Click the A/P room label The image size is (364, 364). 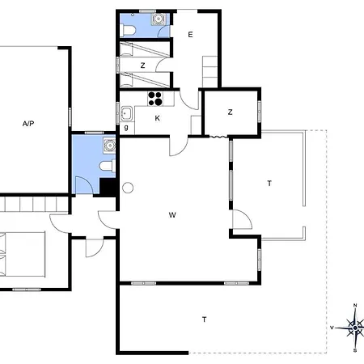pos(28,124)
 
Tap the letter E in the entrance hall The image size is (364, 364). pos(190,35)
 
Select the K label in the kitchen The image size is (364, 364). pos(158,118)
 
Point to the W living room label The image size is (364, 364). pos(172,215)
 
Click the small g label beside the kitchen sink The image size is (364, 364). pos(126,127)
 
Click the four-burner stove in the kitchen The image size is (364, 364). pos(155,99)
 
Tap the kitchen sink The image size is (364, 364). pos(126,114)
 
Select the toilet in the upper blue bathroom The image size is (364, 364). pos(128,30)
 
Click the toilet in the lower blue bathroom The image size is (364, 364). pos(108,166)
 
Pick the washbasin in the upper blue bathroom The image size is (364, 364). pos(158,19)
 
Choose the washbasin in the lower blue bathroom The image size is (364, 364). pos(109,146)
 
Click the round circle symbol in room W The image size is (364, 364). pos(128,188)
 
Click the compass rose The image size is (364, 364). pos(355,328)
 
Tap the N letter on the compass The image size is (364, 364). pos(355,305)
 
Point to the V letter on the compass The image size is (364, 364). pos(332,328)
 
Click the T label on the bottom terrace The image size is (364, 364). pos(205,320)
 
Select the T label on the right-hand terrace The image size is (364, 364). pos(269,184)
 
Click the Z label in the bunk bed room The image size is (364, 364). pos(142,66)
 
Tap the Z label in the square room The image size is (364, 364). pos(230,112)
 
